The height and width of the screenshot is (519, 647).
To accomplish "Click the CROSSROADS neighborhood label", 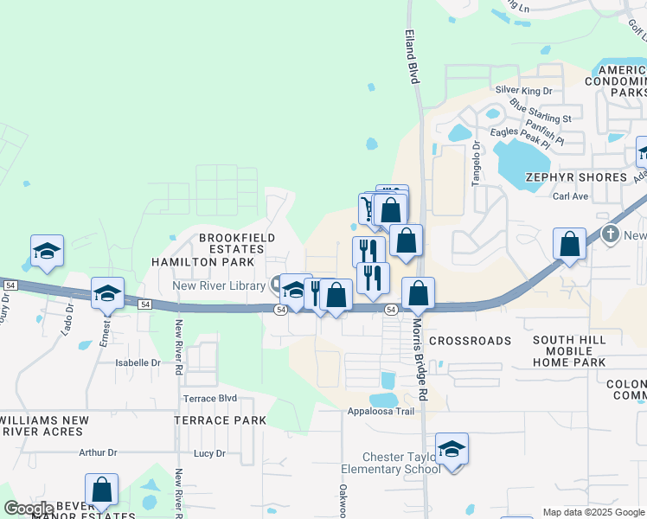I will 470,341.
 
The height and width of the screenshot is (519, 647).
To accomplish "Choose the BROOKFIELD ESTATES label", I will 237,243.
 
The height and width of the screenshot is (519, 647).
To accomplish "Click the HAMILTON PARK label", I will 203,261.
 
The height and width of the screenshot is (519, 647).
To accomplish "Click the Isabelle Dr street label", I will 138,363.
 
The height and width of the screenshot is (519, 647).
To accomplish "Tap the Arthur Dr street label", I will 97,452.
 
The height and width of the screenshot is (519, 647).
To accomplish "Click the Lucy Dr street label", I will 209,453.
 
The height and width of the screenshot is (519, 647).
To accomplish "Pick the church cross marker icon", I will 611,234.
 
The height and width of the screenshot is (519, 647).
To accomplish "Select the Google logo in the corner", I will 29,509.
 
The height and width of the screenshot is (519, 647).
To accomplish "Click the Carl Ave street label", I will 570,196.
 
